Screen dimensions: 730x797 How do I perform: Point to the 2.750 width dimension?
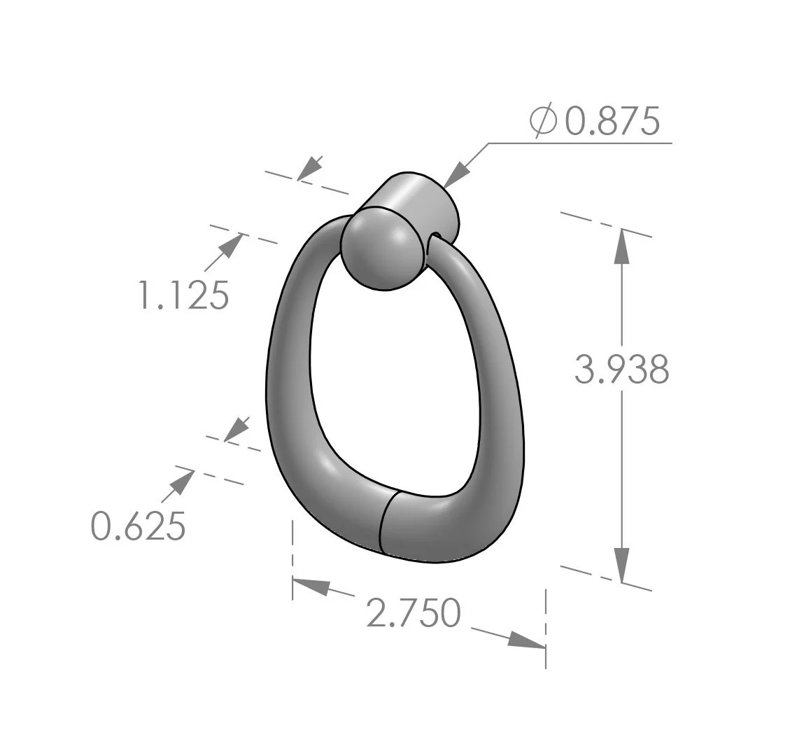pos(414,612)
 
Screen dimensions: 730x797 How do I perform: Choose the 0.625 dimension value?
pos(139,526)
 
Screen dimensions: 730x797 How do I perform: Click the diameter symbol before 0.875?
pos(544,122)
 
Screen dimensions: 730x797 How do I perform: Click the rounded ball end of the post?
pos(376,251)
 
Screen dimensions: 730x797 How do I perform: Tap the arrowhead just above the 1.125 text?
pos(232,246)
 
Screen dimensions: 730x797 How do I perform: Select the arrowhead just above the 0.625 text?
pos(183,481)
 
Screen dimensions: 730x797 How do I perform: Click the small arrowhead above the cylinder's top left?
pos(310,168)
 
